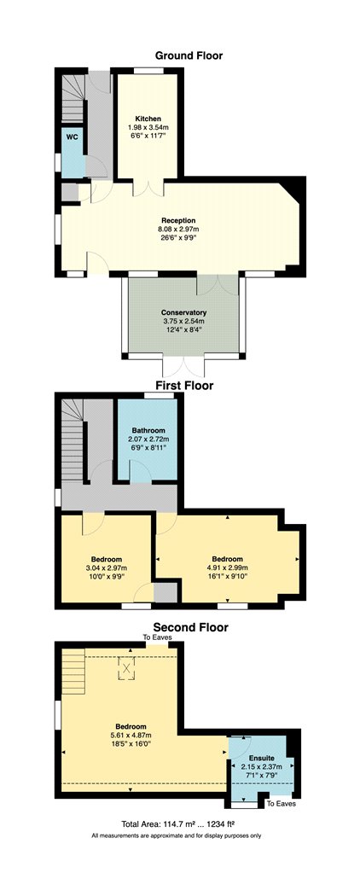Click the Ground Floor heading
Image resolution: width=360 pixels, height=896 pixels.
point(189,55)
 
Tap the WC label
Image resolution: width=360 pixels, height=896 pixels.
point(72,137)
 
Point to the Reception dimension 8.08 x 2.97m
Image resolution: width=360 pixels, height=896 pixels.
point(178,230)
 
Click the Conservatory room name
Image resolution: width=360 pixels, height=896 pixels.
point(183,312)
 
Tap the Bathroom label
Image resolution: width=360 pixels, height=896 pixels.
point(148,430)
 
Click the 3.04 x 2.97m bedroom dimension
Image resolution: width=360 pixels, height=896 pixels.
point(107,567)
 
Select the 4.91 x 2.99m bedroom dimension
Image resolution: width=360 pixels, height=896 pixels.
point(227,567)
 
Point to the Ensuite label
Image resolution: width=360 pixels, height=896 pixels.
point(261,758)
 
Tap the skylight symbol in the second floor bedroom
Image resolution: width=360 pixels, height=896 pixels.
point(126,668)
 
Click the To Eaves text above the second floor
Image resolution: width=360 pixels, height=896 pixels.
point(157,637)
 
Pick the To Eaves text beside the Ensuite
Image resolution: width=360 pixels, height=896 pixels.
point(282,804)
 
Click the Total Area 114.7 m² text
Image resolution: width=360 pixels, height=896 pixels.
point(178,824)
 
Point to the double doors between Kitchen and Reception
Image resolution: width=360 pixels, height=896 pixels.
point(148,188)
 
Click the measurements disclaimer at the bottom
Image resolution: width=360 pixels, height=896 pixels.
point(177,835)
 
